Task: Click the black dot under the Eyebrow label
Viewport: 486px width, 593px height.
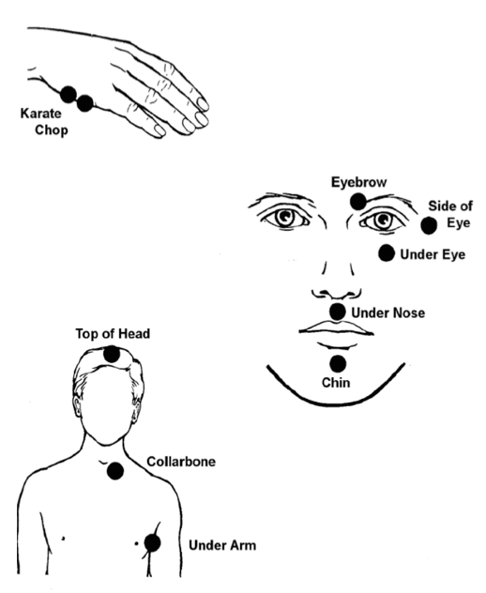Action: coord(357,202)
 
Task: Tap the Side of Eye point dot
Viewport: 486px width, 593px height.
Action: coord(429,226)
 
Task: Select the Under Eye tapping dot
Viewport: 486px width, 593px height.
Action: coord(387,253)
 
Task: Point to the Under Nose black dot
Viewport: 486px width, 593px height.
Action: coord(338,312)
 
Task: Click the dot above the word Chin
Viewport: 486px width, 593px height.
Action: coord(338,364)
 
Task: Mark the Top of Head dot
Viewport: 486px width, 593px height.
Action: coord(112,354)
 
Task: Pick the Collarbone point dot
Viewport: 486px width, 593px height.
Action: coord(115,471)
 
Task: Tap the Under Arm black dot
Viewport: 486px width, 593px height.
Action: coord(152,543)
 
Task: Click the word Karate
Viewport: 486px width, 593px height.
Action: coord(41,114)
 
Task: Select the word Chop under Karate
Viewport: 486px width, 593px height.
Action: coord(52,130)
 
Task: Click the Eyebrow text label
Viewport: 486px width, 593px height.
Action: coord(359,182)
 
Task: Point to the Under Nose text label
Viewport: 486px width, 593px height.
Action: coord(388,312)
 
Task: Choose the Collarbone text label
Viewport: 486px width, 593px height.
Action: coord(181,462)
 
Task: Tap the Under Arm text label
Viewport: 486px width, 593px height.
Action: coord(222,545)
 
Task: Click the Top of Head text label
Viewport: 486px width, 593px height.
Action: coord(113,334)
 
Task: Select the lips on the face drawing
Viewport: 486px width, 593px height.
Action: coord(336,328)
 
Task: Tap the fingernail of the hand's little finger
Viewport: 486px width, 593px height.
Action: coord(159,130)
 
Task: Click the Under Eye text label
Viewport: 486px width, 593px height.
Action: coord(433,254)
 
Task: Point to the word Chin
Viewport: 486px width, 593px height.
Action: coord(336,383)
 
